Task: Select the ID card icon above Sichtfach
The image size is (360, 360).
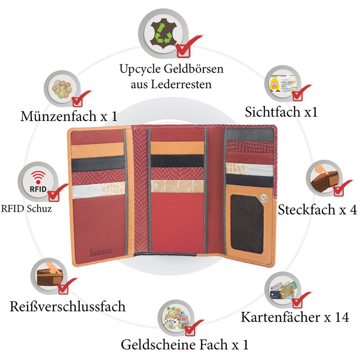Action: coord(283,83)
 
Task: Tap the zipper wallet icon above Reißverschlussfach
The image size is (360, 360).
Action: coord(50,274)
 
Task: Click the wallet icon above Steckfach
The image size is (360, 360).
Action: coord(325,179)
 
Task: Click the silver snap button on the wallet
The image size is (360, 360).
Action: coord(264,198)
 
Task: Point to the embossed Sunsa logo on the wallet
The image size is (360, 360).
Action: coord(101,252)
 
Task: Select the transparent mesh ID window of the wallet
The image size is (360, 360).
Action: coord(247,224)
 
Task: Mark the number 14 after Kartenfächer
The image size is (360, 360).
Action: coord(342,317)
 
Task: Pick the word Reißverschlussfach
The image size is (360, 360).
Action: coord(67,306)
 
